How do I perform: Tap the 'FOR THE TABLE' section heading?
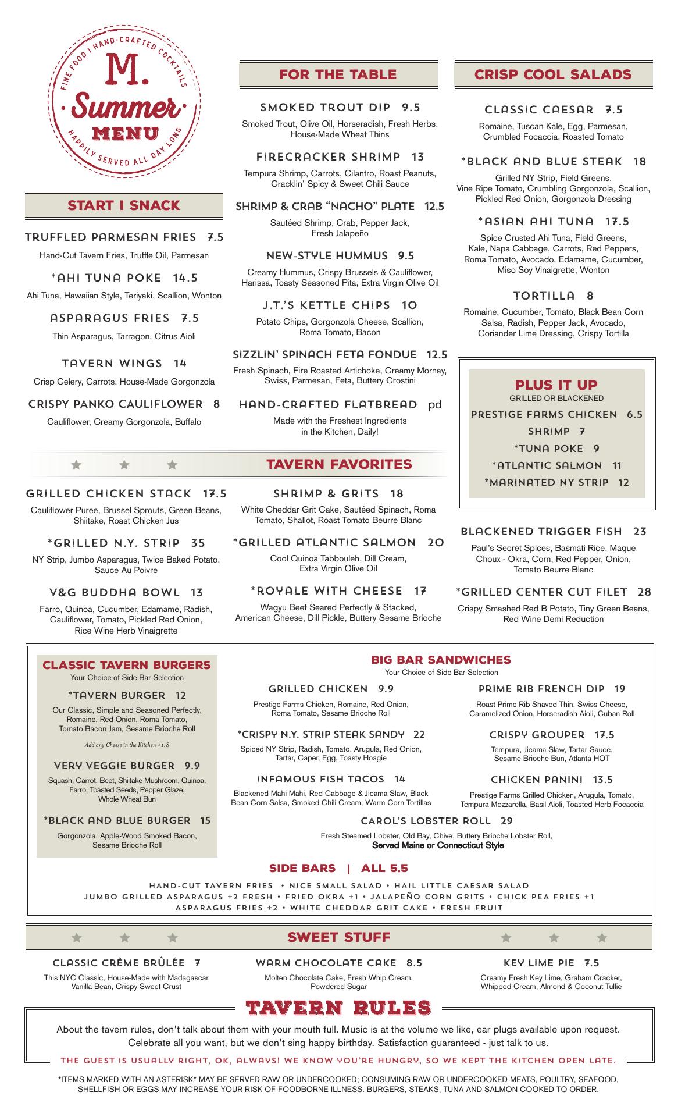tap(338, 74)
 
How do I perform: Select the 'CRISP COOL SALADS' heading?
tap(552, 74)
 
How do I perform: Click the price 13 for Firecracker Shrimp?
tap(418, 156)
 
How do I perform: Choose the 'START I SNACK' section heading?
tap(124, 205)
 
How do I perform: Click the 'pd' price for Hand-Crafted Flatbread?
tap(435, 404)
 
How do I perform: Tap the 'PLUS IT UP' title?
tap(556, 385)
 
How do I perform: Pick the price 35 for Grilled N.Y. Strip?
tap(198, 543)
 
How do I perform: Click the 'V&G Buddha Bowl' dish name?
tap(115, 593)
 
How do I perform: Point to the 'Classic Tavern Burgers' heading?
tap(127, 665)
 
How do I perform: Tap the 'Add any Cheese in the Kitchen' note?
tap(127, 745)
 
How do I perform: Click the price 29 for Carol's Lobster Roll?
tap(506, 821)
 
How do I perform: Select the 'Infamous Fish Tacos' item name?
tap(320, 779)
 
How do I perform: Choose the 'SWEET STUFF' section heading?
tap(339, 937)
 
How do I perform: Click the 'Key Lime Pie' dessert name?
tap(538, 963)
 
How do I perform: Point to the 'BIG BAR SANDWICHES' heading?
tap(441, 660)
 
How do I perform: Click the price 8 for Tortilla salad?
tap(590, 296)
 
